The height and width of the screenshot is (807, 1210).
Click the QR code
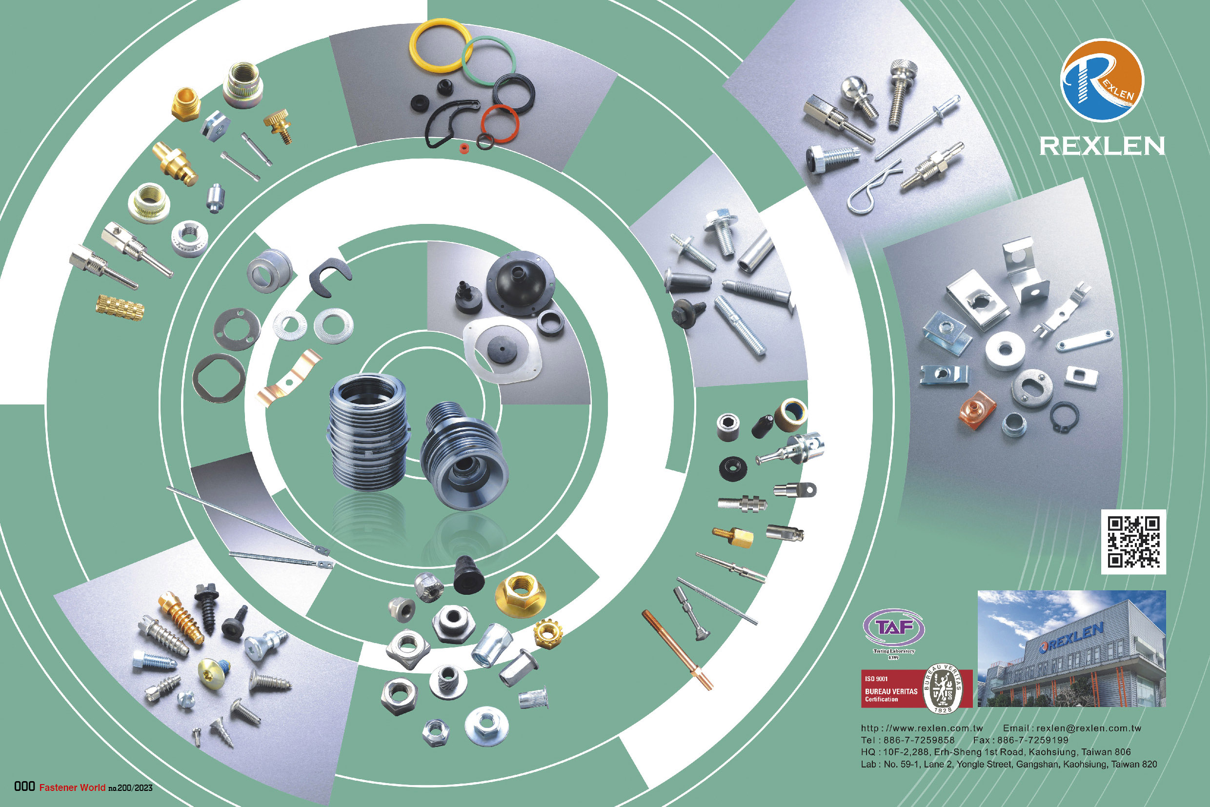click(1133, 542)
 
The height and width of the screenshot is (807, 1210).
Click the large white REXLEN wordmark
click(1102, 146)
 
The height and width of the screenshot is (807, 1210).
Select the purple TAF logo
click(893, 628)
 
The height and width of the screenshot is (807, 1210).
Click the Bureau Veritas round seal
click(944, 688)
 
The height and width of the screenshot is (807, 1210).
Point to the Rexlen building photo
click(1071, 648)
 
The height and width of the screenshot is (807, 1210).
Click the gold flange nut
click(520, 595)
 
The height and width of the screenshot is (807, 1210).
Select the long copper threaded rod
click(677, 649)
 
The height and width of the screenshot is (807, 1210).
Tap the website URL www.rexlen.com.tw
click(922, 728)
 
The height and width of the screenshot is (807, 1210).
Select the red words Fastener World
click(72, 787)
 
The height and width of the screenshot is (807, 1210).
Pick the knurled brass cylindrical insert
click(120, 307)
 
